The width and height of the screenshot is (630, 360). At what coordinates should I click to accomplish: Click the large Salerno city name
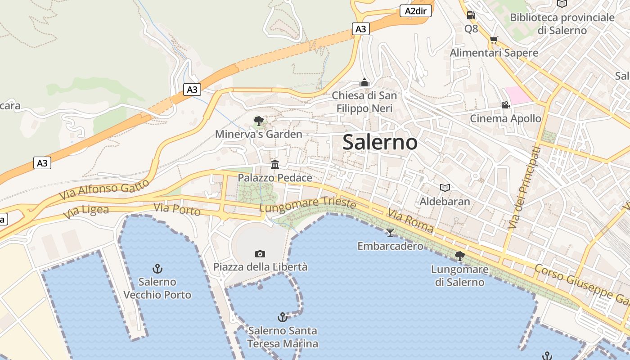(x=380, y=143)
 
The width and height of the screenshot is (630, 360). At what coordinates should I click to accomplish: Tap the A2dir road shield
(x=415, y=11)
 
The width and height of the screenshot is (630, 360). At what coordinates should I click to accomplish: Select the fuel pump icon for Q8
(x=471, y=15)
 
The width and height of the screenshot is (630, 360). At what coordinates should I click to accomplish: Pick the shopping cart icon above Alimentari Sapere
(x=494, y=40)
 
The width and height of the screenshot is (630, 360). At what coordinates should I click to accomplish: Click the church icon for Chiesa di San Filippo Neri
(x=364, y=82)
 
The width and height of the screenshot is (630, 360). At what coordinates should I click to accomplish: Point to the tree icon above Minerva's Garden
(x=258, y=121)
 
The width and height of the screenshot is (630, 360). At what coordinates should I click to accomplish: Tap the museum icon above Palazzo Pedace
(x=275, y=164)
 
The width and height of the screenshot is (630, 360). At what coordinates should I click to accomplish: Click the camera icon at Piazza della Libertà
(x=260, y=254)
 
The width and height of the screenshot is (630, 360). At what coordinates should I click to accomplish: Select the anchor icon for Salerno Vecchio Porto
(x=157, y=269)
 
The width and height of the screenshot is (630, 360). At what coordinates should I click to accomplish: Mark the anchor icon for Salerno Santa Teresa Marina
(x=282, y=317)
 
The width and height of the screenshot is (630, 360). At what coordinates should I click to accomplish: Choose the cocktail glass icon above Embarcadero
(x=390, y=232)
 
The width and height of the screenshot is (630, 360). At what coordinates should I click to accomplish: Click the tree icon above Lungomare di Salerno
(x=459, y=256)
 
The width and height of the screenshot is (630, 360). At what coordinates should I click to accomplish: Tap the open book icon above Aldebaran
(x=445, y=188)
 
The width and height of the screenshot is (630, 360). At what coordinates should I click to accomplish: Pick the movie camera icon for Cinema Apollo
(x=505, y=105)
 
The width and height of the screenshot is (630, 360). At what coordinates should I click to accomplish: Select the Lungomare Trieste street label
(x=308, y=205)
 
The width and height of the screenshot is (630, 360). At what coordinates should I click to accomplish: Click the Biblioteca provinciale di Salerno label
(x=562, y=24)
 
